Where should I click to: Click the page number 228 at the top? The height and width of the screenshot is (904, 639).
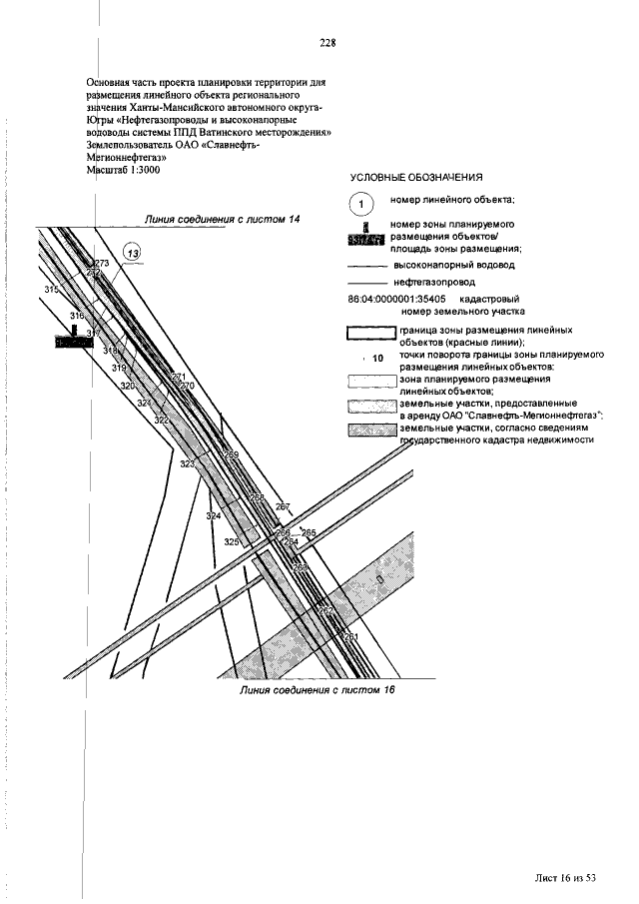(326, 43)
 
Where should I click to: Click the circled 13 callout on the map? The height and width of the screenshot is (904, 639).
(133, 255)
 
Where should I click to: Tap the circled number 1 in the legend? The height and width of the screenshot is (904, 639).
(360, 204)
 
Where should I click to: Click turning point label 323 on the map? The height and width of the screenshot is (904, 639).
(188, 464)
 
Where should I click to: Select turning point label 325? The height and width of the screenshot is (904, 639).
(232, 541)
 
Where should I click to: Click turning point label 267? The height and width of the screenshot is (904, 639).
(283, 507)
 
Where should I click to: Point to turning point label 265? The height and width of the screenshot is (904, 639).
(308, 533)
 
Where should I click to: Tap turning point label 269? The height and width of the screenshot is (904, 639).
(232, 455)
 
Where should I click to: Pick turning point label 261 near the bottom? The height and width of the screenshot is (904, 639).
(349, 636)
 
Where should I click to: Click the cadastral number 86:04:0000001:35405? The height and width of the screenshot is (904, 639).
(395, 299)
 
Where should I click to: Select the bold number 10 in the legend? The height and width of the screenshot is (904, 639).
(376, 358)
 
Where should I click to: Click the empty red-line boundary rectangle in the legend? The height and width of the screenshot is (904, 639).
(370, 334)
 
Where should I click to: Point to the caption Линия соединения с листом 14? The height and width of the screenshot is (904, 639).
(222, 218)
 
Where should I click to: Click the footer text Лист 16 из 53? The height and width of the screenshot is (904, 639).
(564, 877)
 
